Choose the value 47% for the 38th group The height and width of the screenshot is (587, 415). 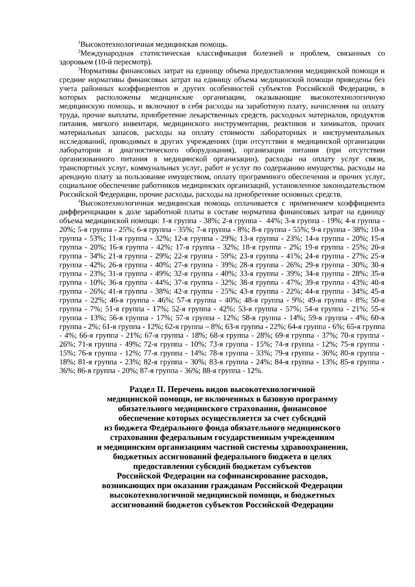[x=291, y=283]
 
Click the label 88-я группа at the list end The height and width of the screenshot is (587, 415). [x=220, y=371]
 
